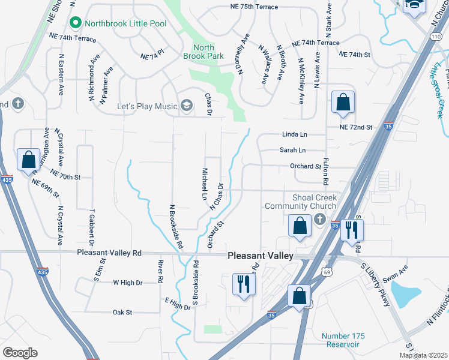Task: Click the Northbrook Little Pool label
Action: [125, 23]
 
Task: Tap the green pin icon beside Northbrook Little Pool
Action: [76, 23]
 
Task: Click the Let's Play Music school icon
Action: [187, 106]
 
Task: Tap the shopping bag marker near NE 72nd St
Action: [342, 103]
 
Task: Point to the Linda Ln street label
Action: [294, 136]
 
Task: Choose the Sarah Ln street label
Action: [293, 150]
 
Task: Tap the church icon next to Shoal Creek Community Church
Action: [319, 220]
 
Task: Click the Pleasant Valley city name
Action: [261, 256]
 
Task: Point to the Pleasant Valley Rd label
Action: [109, 253]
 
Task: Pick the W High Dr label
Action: [128, 283]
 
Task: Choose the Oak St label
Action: [122, 312]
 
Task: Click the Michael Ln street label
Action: [204, 184]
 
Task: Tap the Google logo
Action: [20, 353]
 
